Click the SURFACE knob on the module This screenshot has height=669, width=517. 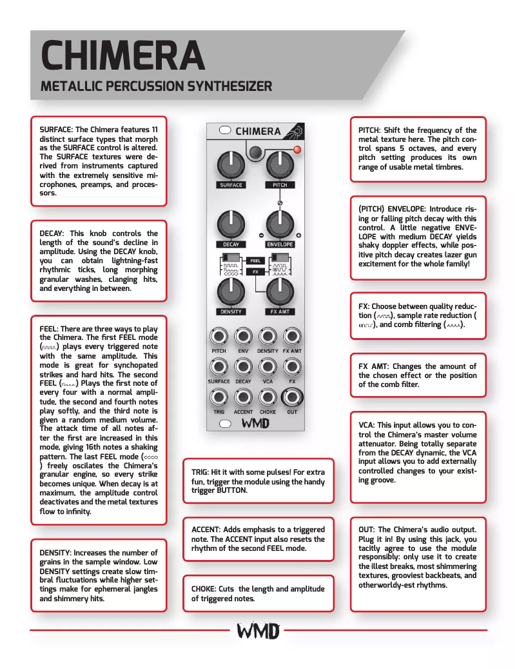(x=230, y=165)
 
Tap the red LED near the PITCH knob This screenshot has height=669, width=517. (x=297, y=150)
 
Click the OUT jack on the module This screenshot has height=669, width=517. (x=292, y=396)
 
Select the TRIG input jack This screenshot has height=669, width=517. (x=219, y=396)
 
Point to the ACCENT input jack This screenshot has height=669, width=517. (x=243, y=396)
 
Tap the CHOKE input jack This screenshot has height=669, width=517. (x=268, y=396)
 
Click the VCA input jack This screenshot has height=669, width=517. (x=268, y=366)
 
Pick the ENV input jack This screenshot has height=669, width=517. (x=243, y=336)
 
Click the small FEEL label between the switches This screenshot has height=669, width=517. (x=255, y=261)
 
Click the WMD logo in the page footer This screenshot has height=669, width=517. (x=257, y=630)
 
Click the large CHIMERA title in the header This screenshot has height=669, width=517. (x=122, y=55)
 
